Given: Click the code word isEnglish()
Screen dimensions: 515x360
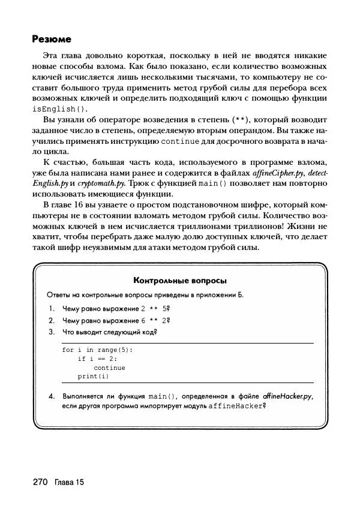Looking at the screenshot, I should (59, 109).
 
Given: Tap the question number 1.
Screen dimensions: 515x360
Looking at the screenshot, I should (52, 309).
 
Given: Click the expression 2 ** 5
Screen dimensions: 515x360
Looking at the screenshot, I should (152, 309).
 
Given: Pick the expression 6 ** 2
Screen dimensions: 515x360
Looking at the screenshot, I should (152, 320).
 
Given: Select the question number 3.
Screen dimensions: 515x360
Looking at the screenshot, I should (52, 331).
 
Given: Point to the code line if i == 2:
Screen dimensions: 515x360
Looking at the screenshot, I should (97, 359).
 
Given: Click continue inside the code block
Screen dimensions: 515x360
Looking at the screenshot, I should (109, 368).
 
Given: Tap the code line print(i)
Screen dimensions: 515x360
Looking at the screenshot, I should (93, 377).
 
